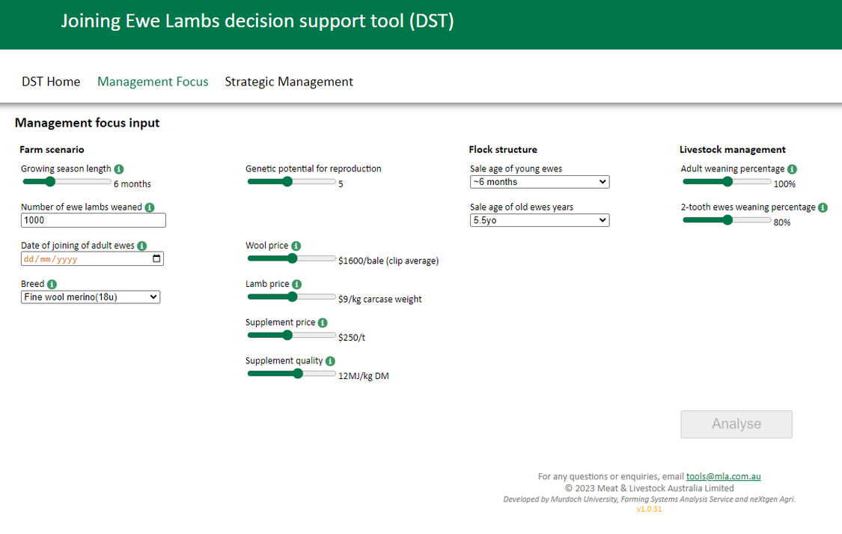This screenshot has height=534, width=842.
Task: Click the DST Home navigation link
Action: [51, 82]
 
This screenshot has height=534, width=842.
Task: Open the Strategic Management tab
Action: [289, 82]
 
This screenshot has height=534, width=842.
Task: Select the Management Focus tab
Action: [153, 82]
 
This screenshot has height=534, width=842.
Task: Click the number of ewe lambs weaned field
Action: [94, 220]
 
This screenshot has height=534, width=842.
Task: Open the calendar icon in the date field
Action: [156, 259]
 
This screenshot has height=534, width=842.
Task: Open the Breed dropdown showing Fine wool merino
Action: [91, 297]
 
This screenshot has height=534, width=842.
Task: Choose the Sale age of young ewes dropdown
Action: [540, 182]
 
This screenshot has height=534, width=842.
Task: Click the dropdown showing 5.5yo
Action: [540, 220]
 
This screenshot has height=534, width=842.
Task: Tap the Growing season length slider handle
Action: [50, 181]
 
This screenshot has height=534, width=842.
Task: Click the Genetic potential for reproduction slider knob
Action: [287, 181]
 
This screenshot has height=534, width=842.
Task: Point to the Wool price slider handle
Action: [292, 258]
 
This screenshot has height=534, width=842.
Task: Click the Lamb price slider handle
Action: [292, 297]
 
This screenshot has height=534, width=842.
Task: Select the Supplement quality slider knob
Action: [298, 374]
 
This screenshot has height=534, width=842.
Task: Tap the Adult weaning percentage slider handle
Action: [727, 181]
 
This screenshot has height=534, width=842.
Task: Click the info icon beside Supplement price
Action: [323, 323]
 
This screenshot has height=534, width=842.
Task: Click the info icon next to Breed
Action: [52, 285]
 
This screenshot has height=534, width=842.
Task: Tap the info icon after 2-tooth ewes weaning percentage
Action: [823, 207]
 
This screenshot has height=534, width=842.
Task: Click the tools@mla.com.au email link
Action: [723, 476]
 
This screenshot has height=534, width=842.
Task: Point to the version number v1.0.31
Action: [649, 509]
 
